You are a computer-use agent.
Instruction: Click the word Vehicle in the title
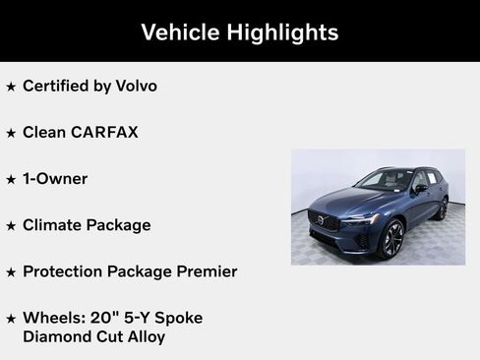tap(180, 32)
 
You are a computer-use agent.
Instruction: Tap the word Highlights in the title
tap(282, 32)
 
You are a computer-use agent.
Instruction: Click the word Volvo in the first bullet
tap(135, 86)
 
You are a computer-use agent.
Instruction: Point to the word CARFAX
tap(103, 132)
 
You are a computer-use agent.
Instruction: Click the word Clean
tap(44, 132)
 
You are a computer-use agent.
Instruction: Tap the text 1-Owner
tap(55, 178)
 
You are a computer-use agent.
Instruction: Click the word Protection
tap(65, 270)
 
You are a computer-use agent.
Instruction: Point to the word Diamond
tap(55, 336)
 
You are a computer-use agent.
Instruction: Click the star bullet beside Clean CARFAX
tap(11, 133)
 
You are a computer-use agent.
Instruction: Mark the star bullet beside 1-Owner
tap(11, 179)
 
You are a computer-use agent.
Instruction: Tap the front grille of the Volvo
tap(325, 220)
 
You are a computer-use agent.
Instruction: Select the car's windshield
tap(385, 180)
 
